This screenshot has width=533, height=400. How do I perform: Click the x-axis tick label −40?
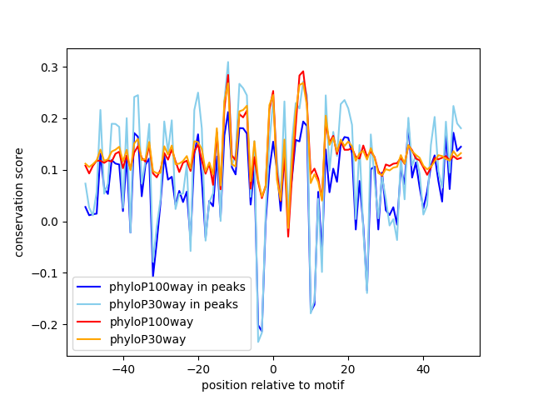coord(122,368)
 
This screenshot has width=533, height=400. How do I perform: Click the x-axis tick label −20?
coord(197,368)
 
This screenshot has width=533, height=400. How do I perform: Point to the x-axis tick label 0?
coord(273,368)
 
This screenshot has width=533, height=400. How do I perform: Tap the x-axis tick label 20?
coord(348,368)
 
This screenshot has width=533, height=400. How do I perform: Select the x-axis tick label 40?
coord(423,368)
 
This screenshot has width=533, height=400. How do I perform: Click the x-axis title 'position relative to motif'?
coord(272,385)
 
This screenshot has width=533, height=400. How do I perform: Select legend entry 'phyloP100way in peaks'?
coord(177,287)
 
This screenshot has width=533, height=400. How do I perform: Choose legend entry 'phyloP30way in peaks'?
coord(173,304)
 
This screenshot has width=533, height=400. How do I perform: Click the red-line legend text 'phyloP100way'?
coord(151,322)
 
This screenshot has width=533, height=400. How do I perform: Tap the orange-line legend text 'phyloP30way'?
coord(147,339)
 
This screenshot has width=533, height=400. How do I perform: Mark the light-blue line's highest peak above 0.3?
coord(228,62)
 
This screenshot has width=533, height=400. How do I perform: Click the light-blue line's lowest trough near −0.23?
coord(258,342)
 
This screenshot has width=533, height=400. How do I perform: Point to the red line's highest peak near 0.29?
coord(303,72)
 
